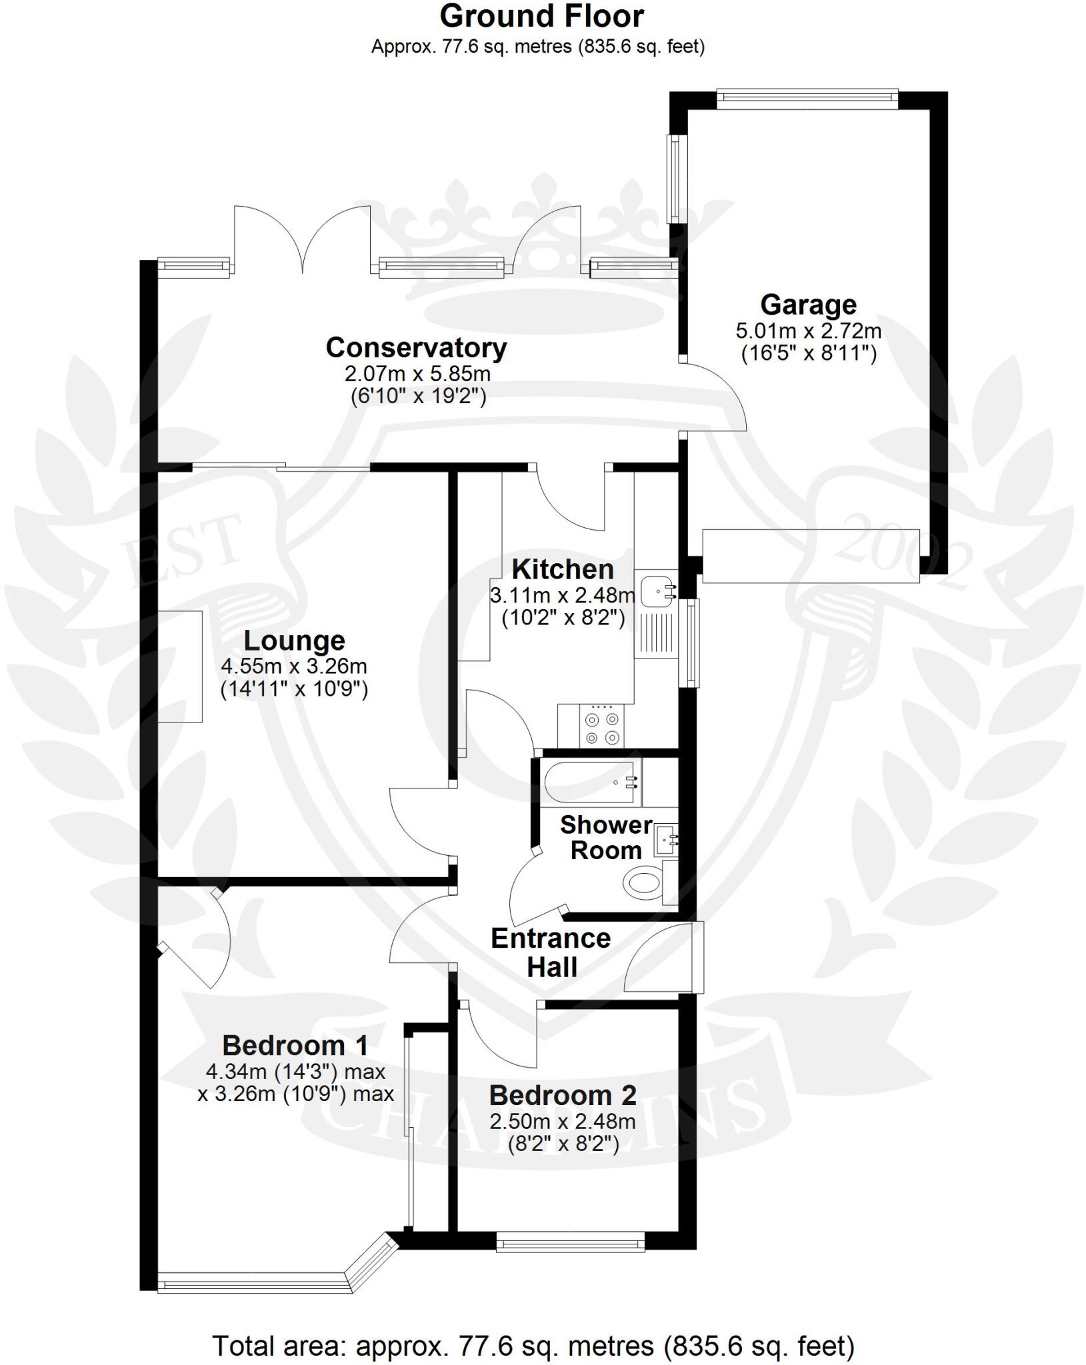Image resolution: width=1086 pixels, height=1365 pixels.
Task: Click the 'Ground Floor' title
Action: (x=541, y=17)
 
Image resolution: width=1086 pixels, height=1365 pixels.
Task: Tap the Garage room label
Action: (x=808, y=305)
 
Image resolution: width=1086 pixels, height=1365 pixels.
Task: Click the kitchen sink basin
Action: (x=656, y=591)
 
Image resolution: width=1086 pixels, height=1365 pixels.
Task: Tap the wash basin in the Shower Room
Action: (x=665, y=840)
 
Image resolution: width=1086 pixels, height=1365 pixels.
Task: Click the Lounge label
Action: (x=294, y=641)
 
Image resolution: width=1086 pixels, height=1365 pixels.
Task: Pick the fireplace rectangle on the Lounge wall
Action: (x=180, y=666)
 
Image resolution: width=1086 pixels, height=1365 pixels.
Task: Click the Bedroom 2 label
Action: (x=563, y=1096)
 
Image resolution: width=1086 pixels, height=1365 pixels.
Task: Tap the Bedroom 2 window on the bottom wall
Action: (x=571, y=1241)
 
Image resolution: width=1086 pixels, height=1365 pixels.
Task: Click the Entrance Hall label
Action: (x=551, y=952)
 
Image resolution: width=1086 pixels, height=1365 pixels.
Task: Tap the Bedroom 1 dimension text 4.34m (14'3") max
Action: (x=296, y=1072)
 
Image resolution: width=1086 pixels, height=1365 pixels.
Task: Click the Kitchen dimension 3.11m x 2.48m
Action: (x=562, y=595)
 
